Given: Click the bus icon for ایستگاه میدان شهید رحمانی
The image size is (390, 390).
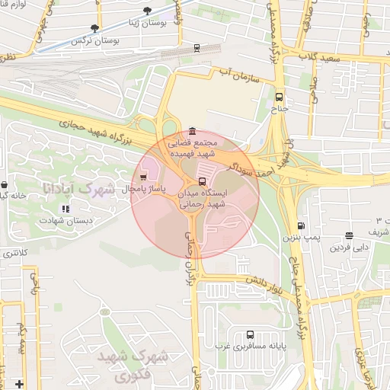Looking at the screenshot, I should (201, 181).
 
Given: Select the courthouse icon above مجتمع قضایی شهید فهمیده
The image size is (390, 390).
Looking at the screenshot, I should (190, 131).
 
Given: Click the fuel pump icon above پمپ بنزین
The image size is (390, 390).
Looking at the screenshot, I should (301, 226).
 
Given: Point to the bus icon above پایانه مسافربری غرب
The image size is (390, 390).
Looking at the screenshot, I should (251, 335).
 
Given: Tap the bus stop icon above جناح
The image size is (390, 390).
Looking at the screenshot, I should (279, 97).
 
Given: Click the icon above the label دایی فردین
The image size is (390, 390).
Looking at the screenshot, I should (349, 236).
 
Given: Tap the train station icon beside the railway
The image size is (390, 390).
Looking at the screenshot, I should (197, 47).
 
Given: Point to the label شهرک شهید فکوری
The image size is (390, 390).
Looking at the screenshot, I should (122, 366).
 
